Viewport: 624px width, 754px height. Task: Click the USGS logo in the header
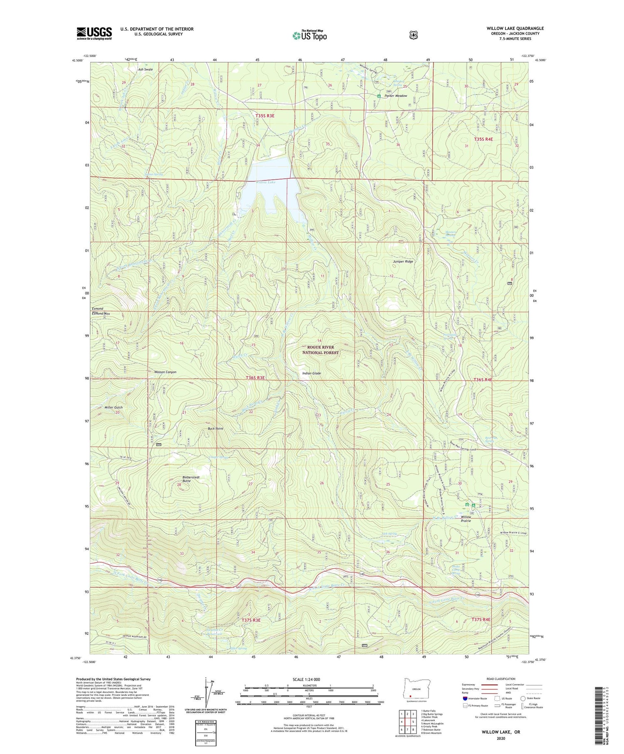pyautogui.click(x=94, y=33)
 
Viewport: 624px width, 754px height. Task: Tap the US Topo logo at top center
pyautogui.click(x=310, y=36)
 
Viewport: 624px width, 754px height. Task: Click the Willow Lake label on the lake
pyautogui.click(x=265, y=182)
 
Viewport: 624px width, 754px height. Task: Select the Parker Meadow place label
pyautogui.click(x=396, y=96)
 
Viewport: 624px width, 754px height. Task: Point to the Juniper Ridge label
pyautogui.click(x=403, y=262)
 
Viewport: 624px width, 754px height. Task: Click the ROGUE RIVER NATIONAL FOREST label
pyautogui.click(x=321, y=350)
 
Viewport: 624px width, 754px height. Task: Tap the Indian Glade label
pyautogui.click(x=311, y=373)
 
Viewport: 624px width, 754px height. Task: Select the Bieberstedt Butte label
pyautogui.click(x=191, y=479)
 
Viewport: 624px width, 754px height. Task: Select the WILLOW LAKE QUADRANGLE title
pyautogui.click(x=515, y=28)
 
